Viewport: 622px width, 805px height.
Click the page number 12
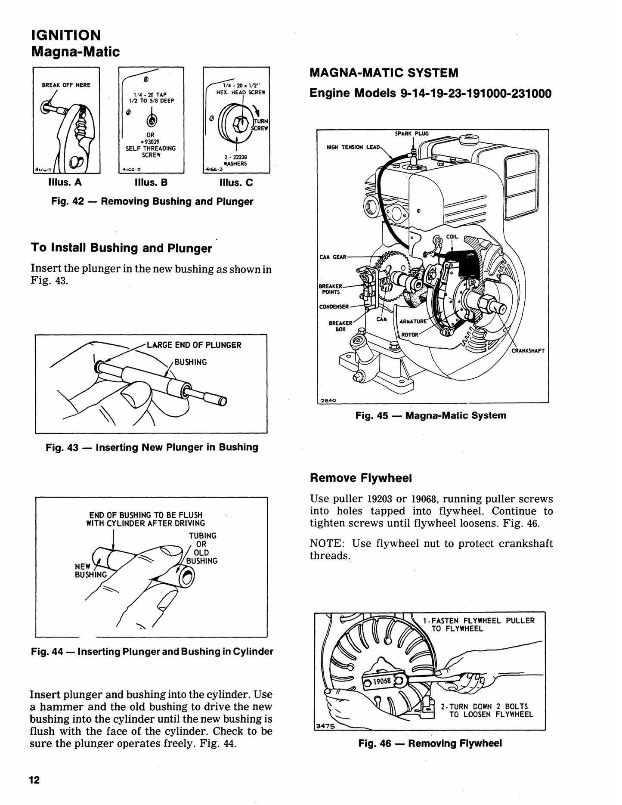tap(34, 780)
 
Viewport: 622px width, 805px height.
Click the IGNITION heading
tap(66, 35)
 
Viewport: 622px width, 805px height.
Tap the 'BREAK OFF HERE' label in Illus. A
tap(66, 85)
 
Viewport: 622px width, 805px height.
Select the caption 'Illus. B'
tap(151, 183)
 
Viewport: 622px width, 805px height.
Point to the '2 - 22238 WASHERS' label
tap(235, 161)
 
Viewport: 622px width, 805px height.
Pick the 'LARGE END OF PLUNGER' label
tap(194, 345)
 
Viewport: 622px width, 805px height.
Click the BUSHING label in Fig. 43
tap(191, 362)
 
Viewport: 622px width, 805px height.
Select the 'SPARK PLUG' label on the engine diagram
tap(412, 133)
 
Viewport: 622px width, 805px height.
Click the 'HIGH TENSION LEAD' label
tap(353, 147)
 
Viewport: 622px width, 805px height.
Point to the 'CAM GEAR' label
tap(333, 257)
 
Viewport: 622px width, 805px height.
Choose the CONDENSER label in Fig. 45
tap(334, 307)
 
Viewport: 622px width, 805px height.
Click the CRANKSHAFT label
tap(528, 350)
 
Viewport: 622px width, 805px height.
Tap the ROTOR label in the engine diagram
tap(409, 334)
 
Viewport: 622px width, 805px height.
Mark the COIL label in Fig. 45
tap(452, 237)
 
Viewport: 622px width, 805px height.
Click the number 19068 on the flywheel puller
tap(382, 681)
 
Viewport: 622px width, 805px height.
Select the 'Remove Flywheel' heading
tap(361, 478)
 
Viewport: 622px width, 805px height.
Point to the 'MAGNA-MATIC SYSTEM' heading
tap(384, 73)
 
